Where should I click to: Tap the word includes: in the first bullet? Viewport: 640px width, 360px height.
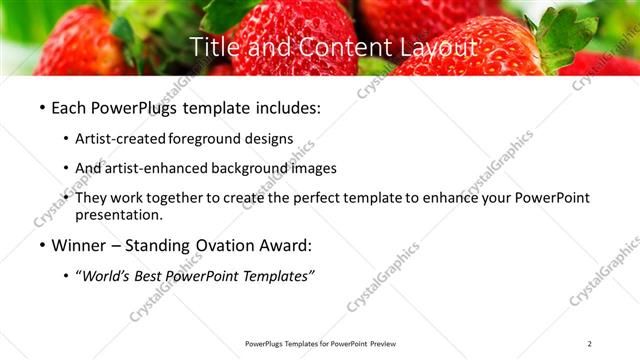295,106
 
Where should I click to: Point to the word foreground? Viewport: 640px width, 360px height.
208,138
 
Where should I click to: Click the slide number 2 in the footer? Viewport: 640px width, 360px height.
590,344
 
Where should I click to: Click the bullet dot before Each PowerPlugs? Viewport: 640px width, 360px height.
41,107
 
